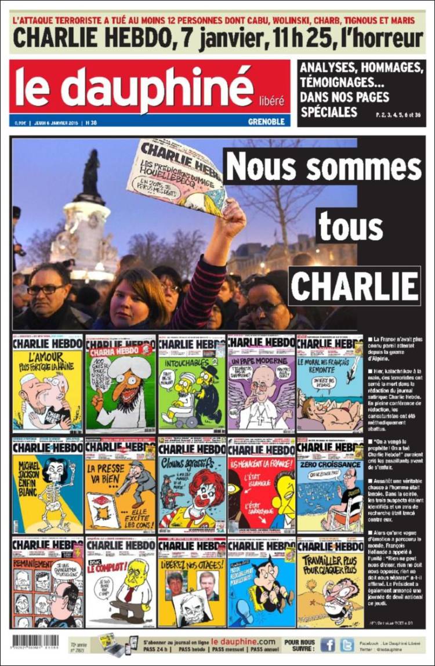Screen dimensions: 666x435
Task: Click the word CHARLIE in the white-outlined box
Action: click(x=354, y=285)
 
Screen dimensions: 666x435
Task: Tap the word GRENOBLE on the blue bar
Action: click(x=266, y=122)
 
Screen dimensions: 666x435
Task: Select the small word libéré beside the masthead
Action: click(x=271, y=100)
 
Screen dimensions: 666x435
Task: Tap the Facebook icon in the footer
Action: click(x=328, y=645)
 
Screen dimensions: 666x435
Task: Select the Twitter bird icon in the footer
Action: click(x=347, y=645)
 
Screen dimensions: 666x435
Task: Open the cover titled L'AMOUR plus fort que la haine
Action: click(x=47, y=384)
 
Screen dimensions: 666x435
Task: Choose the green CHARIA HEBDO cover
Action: click(x=120, y=384)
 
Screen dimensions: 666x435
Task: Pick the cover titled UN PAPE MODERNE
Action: click(x=261, y=384)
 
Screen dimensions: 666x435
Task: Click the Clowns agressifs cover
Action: click(x=191, y=486)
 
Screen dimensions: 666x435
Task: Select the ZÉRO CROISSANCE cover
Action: click(x=330, y=486)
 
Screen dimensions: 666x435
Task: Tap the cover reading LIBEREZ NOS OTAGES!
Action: click(x=191, y=582)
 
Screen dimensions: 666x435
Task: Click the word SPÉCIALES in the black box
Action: click(x=329, y=111)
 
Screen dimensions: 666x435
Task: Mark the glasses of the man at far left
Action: click(x=46, y=289)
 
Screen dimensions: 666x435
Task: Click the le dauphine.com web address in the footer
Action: click(x=243, y=641)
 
